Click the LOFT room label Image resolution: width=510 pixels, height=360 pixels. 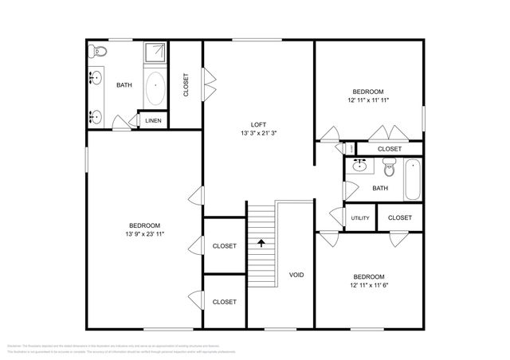pyautogui.click(x=258, y=124)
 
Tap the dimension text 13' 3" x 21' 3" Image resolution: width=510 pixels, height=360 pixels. pyautogui.click(x=258, y=133)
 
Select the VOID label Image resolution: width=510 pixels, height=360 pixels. pyautogui.click(x=296, y=275)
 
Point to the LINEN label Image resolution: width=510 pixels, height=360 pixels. pyautogui.click(x=153, y=120)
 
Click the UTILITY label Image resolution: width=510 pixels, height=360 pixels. pyautogui.click(x=359, y=218)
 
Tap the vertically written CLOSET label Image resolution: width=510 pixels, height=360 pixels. pyautogui.click(x=186, y=85)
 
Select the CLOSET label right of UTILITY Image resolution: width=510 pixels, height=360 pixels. pyautogui.click(x=399, y=217)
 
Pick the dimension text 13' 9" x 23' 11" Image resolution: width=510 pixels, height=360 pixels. pyautogui.click(x=145, y=234)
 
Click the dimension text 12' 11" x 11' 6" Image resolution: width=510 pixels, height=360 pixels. pyautogui.click(x=369, y=285)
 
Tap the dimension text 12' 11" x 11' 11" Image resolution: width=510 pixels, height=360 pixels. pyautogui.click(x=368, y=100)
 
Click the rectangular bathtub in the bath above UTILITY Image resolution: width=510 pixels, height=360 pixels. pyautogui.click(x=412, y=180)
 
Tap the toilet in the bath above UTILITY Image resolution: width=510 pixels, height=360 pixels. pyautogui.click(x=389, y=167)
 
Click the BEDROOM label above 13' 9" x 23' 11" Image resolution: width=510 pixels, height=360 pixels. pyautogui.click(x=145, y=225)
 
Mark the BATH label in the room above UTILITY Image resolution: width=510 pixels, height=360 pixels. pyautogui.click(x=380, y=189)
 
